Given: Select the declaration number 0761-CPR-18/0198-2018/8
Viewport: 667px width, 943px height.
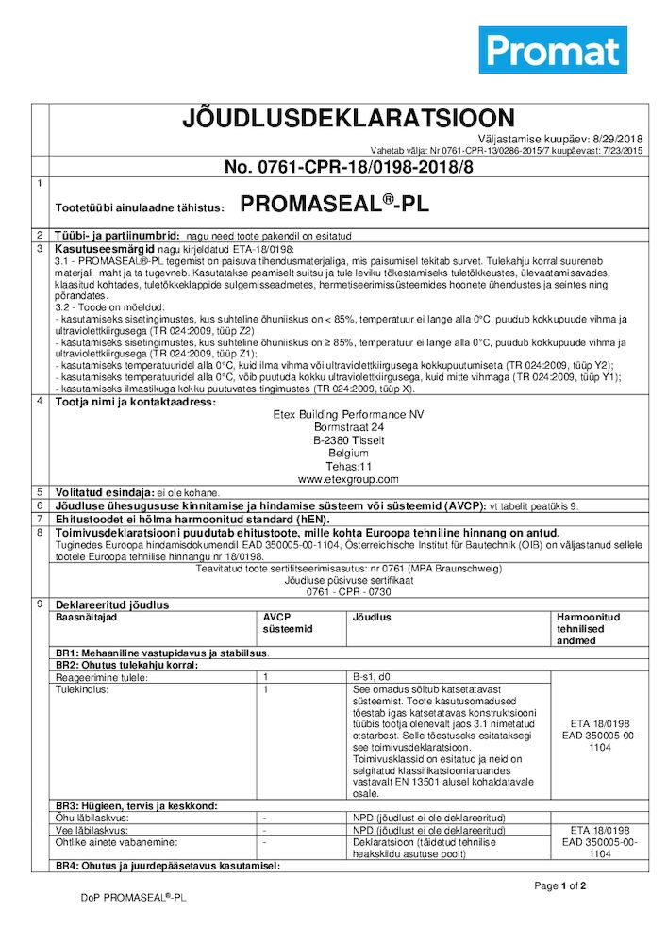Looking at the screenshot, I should coord(336,167).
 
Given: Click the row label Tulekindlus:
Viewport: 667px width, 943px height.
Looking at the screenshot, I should coord(83,689).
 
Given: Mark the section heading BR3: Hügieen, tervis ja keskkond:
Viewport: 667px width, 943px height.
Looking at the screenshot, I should coord(137,805).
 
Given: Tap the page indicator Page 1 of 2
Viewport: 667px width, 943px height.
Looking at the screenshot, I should coord(560,885).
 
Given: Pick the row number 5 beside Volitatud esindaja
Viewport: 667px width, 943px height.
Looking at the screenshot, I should coord(39,492).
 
